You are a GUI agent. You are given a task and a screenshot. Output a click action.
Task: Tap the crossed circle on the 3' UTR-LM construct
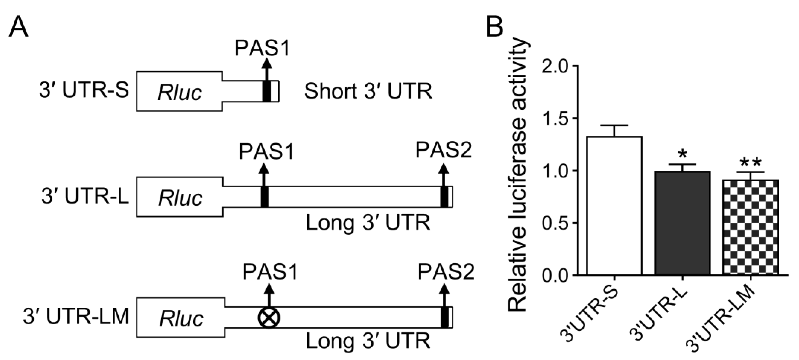269,318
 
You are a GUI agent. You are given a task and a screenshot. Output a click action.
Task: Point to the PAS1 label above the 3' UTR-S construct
262,48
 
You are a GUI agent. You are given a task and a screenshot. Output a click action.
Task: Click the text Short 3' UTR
368,92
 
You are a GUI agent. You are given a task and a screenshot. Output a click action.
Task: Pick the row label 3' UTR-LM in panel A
76,317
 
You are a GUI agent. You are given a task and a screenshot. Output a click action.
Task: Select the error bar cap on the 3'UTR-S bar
614,125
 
